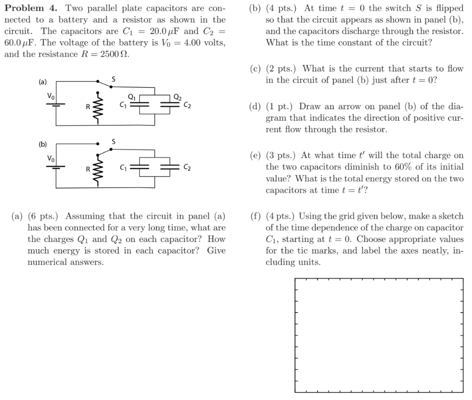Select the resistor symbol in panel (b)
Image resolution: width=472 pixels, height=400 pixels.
click(97, 169)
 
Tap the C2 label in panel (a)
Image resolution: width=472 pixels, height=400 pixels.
click(187, 105)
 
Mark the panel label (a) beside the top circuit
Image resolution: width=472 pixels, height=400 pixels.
click(42, 82)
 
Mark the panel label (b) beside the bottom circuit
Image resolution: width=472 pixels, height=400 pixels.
click(42, 144)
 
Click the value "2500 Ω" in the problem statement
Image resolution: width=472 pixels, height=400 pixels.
click(116, 54)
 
